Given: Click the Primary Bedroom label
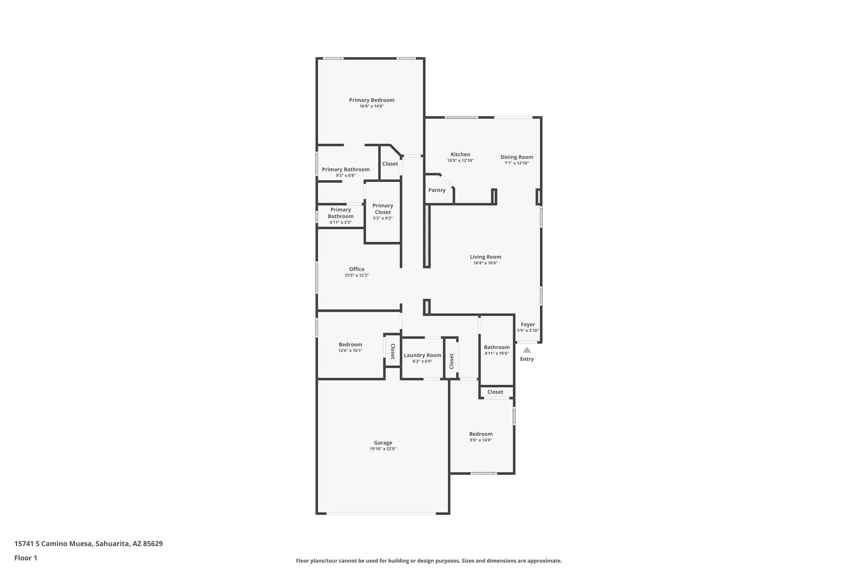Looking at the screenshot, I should click(x=372, y=100).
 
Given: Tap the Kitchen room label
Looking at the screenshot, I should click(x=460, y=155).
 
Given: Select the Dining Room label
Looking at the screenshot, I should click(x=517, y=157).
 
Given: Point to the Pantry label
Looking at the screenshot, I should click(x=437, y=190).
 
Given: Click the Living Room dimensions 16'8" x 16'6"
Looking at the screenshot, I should click(x=486, y=263).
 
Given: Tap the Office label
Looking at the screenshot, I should click(x=357, y=269).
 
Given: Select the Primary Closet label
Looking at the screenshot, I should click(x=383, y=209).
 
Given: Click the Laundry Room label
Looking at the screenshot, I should click(x=422, y=355).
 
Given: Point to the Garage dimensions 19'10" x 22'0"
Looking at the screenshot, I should click(x=383, y=449).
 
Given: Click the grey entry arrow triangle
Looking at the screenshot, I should click(x=527, y=350).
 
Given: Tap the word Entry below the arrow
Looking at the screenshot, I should click(x=527, y=359).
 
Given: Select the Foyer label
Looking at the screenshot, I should click(x=528, y=324).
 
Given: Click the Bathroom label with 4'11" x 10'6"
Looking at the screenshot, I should click(x=497, y=347).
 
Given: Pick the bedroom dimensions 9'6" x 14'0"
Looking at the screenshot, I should click(x=481, y=440).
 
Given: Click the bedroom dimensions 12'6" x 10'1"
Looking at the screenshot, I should click(x=350, y=351).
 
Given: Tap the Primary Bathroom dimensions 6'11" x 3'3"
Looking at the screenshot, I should click(x=341, y=223).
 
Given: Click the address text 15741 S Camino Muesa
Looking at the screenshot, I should click(x=53, y=544).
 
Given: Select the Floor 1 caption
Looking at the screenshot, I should click(x=26, y=558).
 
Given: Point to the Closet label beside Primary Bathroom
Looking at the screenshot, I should click(x=390, y=164).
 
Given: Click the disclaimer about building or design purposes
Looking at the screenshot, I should click(x=429, y=561).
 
